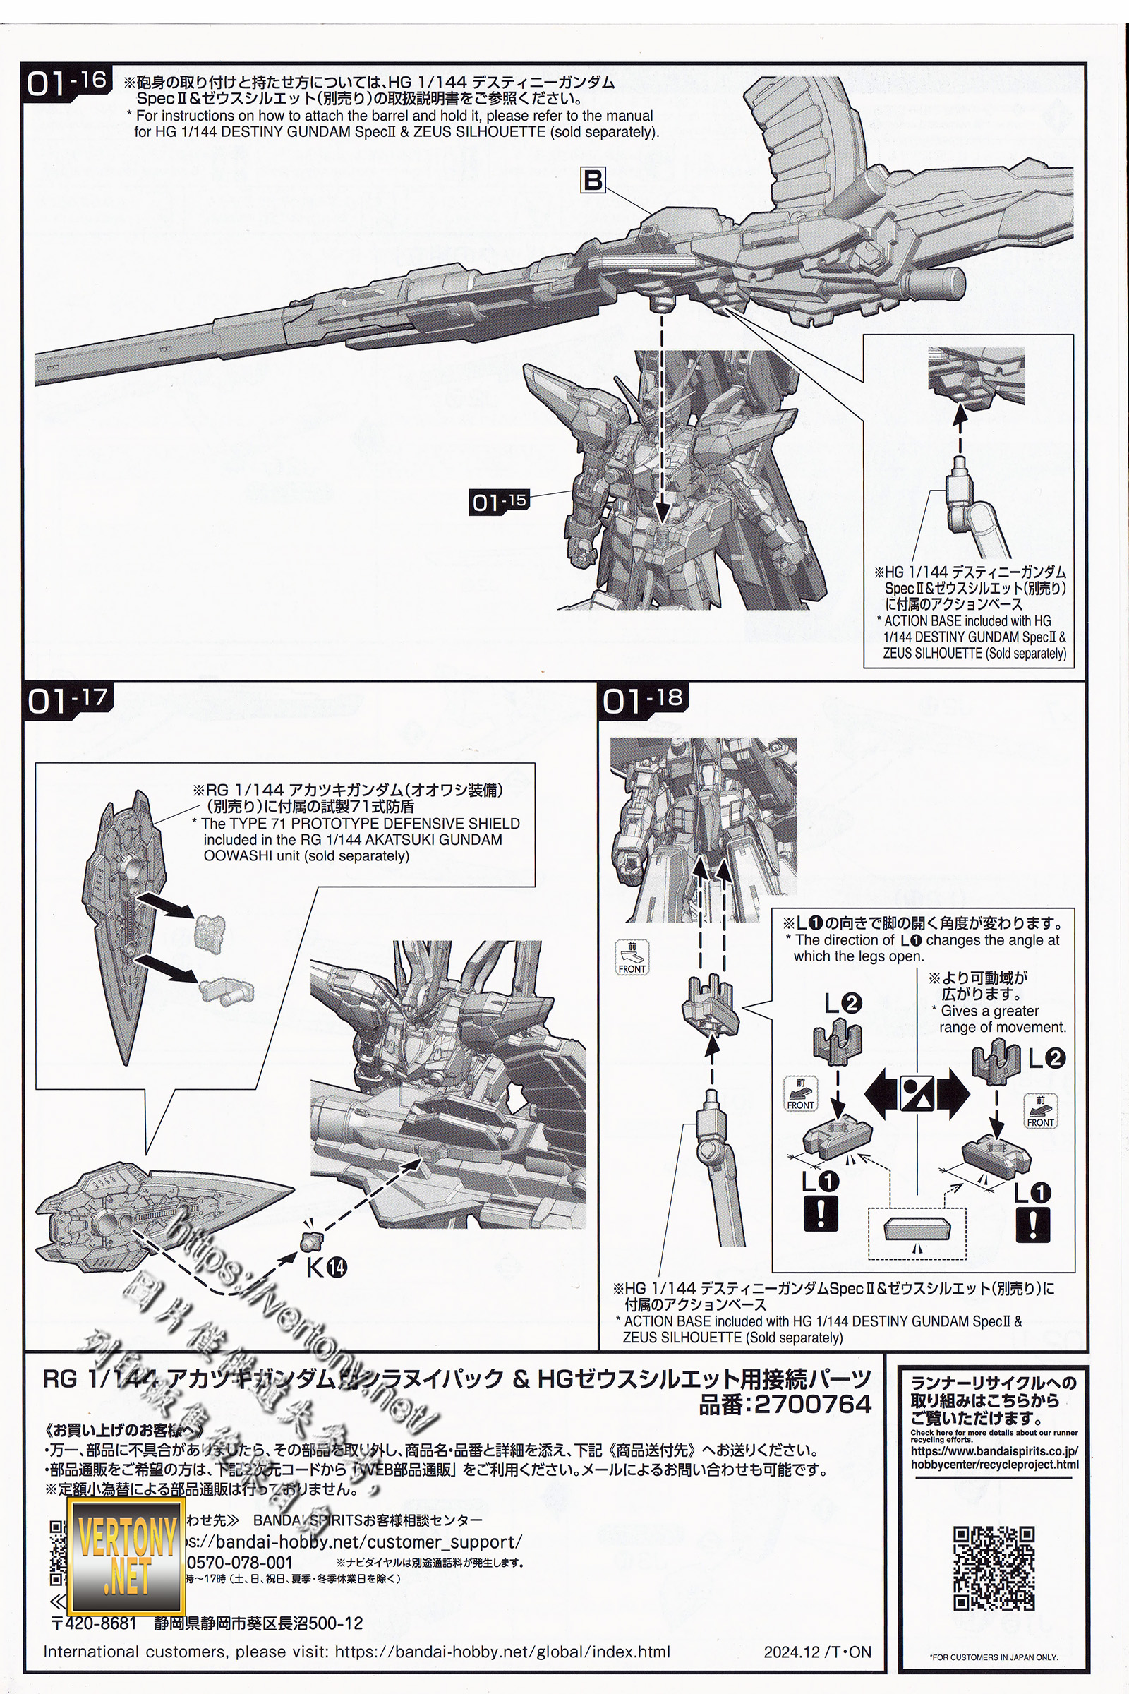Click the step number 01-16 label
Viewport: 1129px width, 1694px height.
(68, 82)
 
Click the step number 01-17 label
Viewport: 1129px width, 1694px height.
(68, 699)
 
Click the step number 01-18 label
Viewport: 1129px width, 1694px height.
(642, 699)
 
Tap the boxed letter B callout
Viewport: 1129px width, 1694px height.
(593, 179)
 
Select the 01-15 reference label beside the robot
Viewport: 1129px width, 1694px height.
(498, 501)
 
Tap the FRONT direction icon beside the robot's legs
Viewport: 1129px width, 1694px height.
(632, 957)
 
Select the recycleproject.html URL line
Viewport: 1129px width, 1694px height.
(994, 1464)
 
